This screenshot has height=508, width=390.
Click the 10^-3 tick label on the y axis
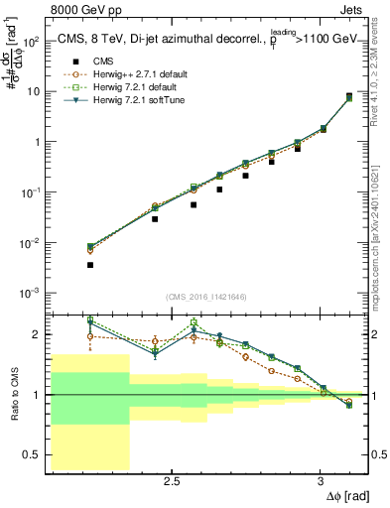(31, 294)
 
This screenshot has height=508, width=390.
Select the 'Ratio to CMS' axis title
(13, 394)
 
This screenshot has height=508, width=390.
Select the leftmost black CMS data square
(90, 265)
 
